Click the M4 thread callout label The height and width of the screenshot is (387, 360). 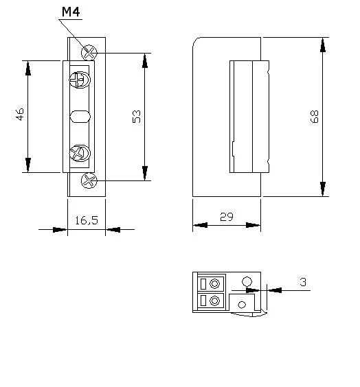70,12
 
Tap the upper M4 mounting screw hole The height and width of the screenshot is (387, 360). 89,51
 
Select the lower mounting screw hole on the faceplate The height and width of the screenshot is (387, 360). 89,181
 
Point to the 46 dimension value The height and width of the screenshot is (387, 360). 21,115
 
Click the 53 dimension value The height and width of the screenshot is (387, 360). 137,116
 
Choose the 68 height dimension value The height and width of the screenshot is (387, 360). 315,116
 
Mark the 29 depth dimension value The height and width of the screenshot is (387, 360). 226,216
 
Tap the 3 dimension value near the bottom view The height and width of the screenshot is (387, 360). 303,282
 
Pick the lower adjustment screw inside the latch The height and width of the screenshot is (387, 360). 80,152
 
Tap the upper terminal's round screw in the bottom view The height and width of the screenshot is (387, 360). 216,283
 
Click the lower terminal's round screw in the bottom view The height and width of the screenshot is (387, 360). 216,301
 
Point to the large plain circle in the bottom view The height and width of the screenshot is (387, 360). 247,281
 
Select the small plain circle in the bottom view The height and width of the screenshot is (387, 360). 242,303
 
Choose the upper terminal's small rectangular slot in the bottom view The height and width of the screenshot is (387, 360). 203,284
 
